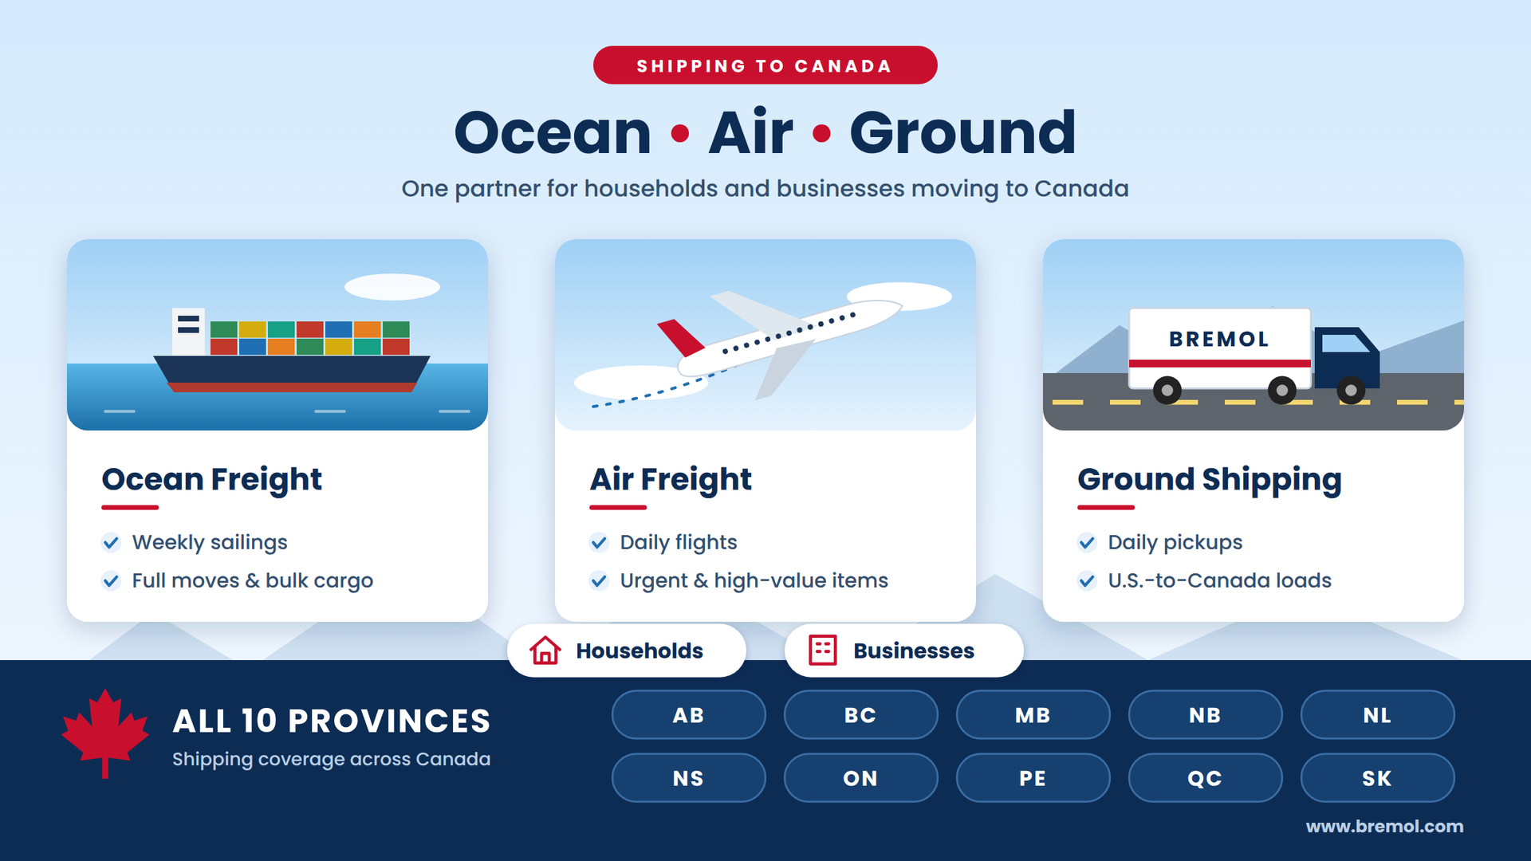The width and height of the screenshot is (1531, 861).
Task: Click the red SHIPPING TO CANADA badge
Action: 765,65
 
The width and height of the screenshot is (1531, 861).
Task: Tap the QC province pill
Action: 1205,778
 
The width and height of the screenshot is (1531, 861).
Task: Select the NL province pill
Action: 1377,715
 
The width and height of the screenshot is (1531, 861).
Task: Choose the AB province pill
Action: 688,715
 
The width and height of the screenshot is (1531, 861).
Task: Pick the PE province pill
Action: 1033,778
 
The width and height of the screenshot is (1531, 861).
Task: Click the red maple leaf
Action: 105,730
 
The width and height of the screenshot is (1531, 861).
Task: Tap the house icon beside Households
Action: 545,651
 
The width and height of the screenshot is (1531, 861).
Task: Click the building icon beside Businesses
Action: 823,651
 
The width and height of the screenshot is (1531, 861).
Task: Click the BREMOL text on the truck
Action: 1218,339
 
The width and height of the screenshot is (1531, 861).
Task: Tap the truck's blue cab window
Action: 1345,344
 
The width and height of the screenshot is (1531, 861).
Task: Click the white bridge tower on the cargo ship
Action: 189,332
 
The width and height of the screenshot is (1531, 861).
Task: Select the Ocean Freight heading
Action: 211,479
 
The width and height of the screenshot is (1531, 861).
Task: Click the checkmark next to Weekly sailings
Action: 111,543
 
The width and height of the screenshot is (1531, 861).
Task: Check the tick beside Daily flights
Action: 599,543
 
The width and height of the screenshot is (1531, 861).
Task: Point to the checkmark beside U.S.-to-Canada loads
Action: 1087,580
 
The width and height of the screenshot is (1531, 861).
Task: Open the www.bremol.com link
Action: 1384,827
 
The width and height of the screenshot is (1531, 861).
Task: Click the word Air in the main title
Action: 750,132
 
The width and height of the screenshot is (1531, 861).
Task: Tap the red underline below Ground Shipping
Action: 1106,507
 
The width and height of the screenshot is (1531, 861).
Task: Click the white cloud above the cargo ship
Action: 392,287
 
